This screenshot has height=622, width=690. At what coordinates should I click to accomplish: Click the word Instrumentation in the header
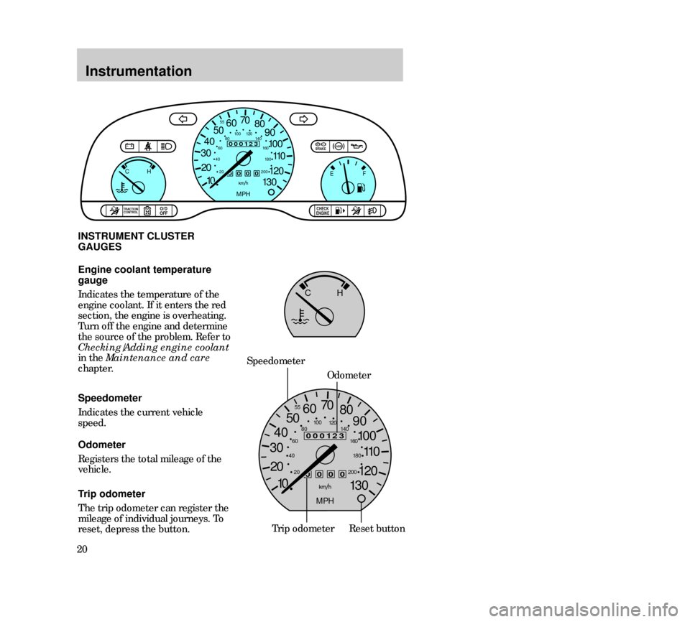click(x=138, y=71)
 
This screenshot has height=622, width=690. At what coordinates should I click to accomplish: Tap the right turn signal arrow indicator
click(x=302, y=119)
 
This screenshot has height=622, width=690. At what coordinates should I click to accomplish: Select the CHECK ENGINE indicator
click(x=322, y=210)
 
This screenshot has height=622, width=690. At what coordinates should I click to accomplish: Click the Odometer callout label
click(x=349, y=376)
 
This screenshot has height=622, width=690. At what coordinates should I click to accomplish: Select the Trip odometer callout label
click(x=303, y=529)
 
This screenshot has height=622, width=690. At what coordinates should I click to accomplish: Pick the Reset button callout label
click(x=377, y=529)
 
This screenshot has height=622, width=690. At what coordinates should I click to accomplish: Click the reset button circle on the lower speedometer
click(x=362, y=499)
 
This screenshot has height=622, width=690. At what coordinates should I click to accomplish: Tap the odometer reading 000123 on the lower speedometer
click(x=325, y=436)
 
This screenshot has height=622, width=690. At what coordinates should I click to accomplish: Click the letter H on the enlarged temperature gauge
click(x=339, y=294)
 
